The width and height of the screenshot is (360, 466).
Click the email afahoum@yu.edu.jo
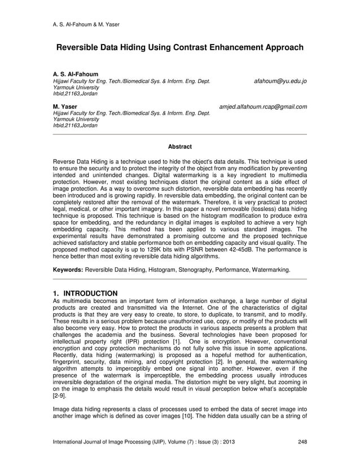(280, 81)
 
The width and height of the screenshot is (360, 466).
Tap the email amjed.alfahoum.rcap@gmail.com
(262, 106)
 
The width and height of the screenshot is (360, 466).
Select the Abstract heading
(179, 147)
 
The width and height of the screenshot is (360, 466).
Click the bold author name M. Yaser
(64, 106)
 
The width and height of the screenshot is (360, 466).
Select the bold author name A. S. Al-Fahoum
(75, 74)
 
